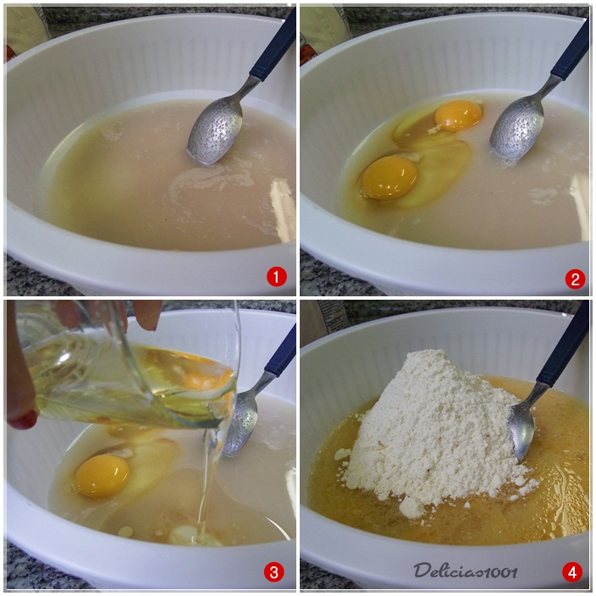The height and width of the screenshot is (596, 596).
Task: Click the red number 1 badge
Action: pyautogui.click(x=276, y=276)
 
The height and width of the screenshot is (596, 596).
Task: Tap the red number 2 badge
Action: pyautogui.click(x=575, y=279)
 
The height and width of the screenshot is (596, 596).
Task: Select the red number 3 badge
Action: pyautogui.click(x=273, y=572)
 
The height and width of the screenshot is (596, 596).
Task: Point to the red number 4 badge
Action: pyautogui.click(x=572, y=572)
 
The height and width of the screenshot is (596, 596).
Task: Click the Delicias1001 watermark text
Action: pyautogui.click(x=466, y=571)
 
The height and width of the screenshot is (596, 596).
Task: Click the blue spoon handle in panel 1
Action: pyautogui.click(x=273, y=47)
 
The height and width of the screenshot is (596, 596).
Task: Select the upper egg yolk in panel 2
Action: pyautogui.click(x=459, y=115)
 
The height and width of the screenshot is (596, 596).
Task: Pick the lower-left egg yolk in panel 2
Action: pyautogui.click(x=389, y=177)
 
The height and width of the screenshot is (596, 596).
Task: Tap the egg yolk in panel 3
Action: pyautogui.click(x=102, y=476)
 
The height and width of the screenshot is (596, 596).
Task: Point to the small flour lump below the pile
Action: pyautogui.click(x=411, y=506)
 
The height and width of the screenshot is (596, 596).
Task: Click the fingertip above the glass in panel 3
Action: pyautogui.click(x=147, y=316)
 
